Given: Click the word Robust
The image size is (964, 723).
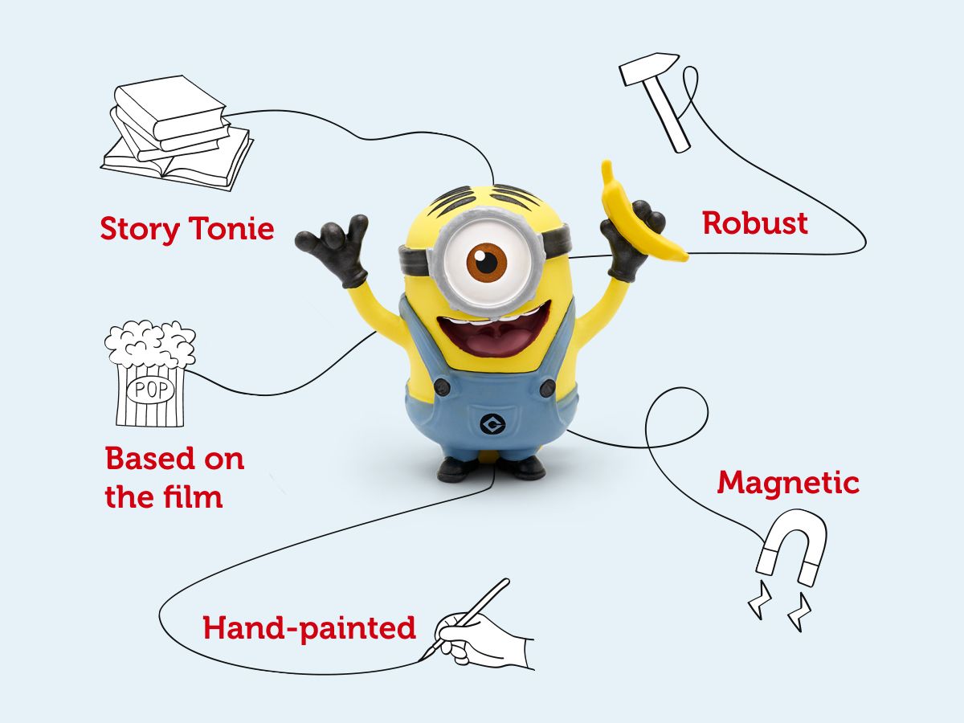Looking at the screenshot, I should click(x=754, y=223).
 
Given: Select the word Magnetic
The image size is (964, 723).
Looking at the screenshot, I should click(x=787, y=483).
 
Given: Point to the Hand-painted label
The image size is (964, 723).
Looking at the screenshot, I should click(x=309, y=627).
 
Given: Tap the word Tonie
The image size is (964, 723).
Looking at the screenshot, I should click(x=232, y=229).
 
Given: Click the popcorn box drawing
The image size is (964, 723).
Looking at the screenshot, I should click(x=150, y=374).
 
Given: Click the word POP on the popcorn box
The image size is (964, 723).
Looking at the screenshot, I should click(x=149, y=390).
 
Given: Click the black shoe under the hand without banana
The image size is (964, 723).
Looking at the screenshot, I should click(x=458, y=468).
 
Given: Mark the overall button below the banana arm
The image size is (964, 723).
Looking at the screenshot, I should click(x=547, y=389).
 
